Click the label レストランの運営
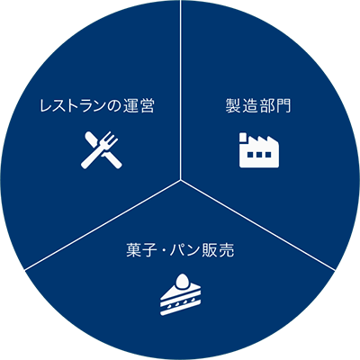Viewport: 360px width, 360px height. pos(97,106)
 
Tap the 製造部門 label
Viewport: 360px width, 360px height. pos(258,105)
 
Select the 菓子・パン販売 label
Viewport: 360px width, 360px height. pos(180,250)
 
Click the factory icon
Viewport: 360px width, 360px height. pos(259,149)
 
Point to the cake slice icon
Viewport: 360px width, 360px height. pos(180,294)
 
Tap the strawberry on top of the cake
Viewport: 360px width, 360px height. pos(181,281)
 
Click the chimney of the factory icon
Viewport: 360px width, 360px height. pos(243,138)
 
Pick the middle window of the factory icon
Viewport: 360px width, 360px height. pos(259,155)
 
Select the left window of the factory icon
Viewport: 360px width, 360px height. pos(250,155)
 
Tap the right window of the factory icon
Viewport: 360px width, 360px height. pos(267,155)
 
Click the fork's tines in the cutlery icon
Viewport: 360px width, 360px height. pos(111,139)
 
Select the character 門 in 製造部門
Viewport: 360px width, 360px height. pos(283,106)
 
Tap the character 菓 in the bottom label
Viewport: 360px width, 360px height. pos(133,250)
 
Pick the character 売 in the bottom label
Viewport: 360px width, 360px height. pos(227,250)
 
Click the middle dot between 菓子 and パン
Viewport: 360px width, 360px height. pos(159,250)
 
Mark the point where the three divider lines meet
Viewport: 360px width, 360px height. pos(180,180)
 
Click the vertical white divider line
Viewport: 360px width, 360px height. pos(180,90)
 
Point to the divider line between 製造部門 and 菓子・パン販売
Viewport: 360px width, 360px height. pos(257,225)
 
